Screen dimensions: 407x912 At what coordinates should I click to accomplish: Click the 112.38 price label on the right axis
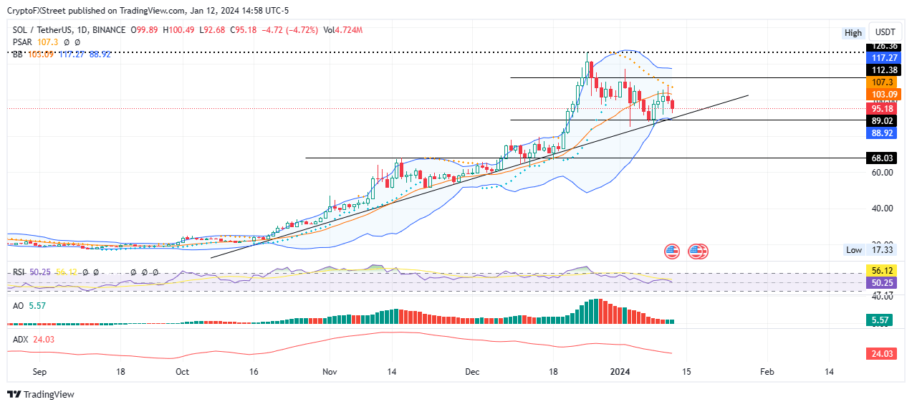(x=880, y=70)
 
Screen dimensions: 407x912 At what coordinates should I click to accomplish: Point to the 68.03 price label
(x=880, y=158)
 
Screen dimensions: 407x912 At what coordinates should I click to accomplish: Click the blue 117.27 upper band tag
(x=880, y=57)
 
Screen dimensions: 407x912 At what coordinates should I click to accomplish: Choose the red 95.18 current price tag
(x=880, y=109)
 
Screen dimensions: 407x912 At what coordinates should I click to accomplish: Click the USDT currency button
(x=885, y=32)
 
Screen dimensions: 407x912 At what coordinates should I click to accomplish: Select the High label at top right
(x=853, y=33)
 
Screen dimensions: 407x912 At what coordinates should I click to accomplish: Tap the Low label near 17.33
(x=853, y=249)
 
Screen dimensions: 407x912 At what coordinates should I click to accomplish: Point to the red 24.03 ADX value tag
(x=880, y=353)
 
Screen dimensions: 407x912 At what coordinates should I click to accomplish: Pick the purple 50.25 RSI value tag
(x=880, y=283)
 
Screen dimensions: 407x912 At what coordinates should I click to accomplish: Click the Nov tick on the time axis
(x=330, y=372)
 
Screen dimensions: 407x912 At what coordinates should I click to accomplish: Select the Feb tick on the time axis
(x=767, y=372)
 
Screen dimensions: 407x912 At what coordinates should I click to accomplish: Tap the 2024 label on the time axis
(x=620, y=372)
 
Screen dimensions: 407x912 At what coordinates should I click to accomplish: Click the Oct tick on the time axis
(x=182, y=372)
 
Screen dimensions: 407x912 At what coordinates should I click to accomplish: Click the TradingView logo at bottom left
(x=41, y=394)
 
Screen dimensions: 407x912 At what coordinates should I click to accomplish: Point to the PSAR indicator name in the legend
(x=24, y=42)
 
